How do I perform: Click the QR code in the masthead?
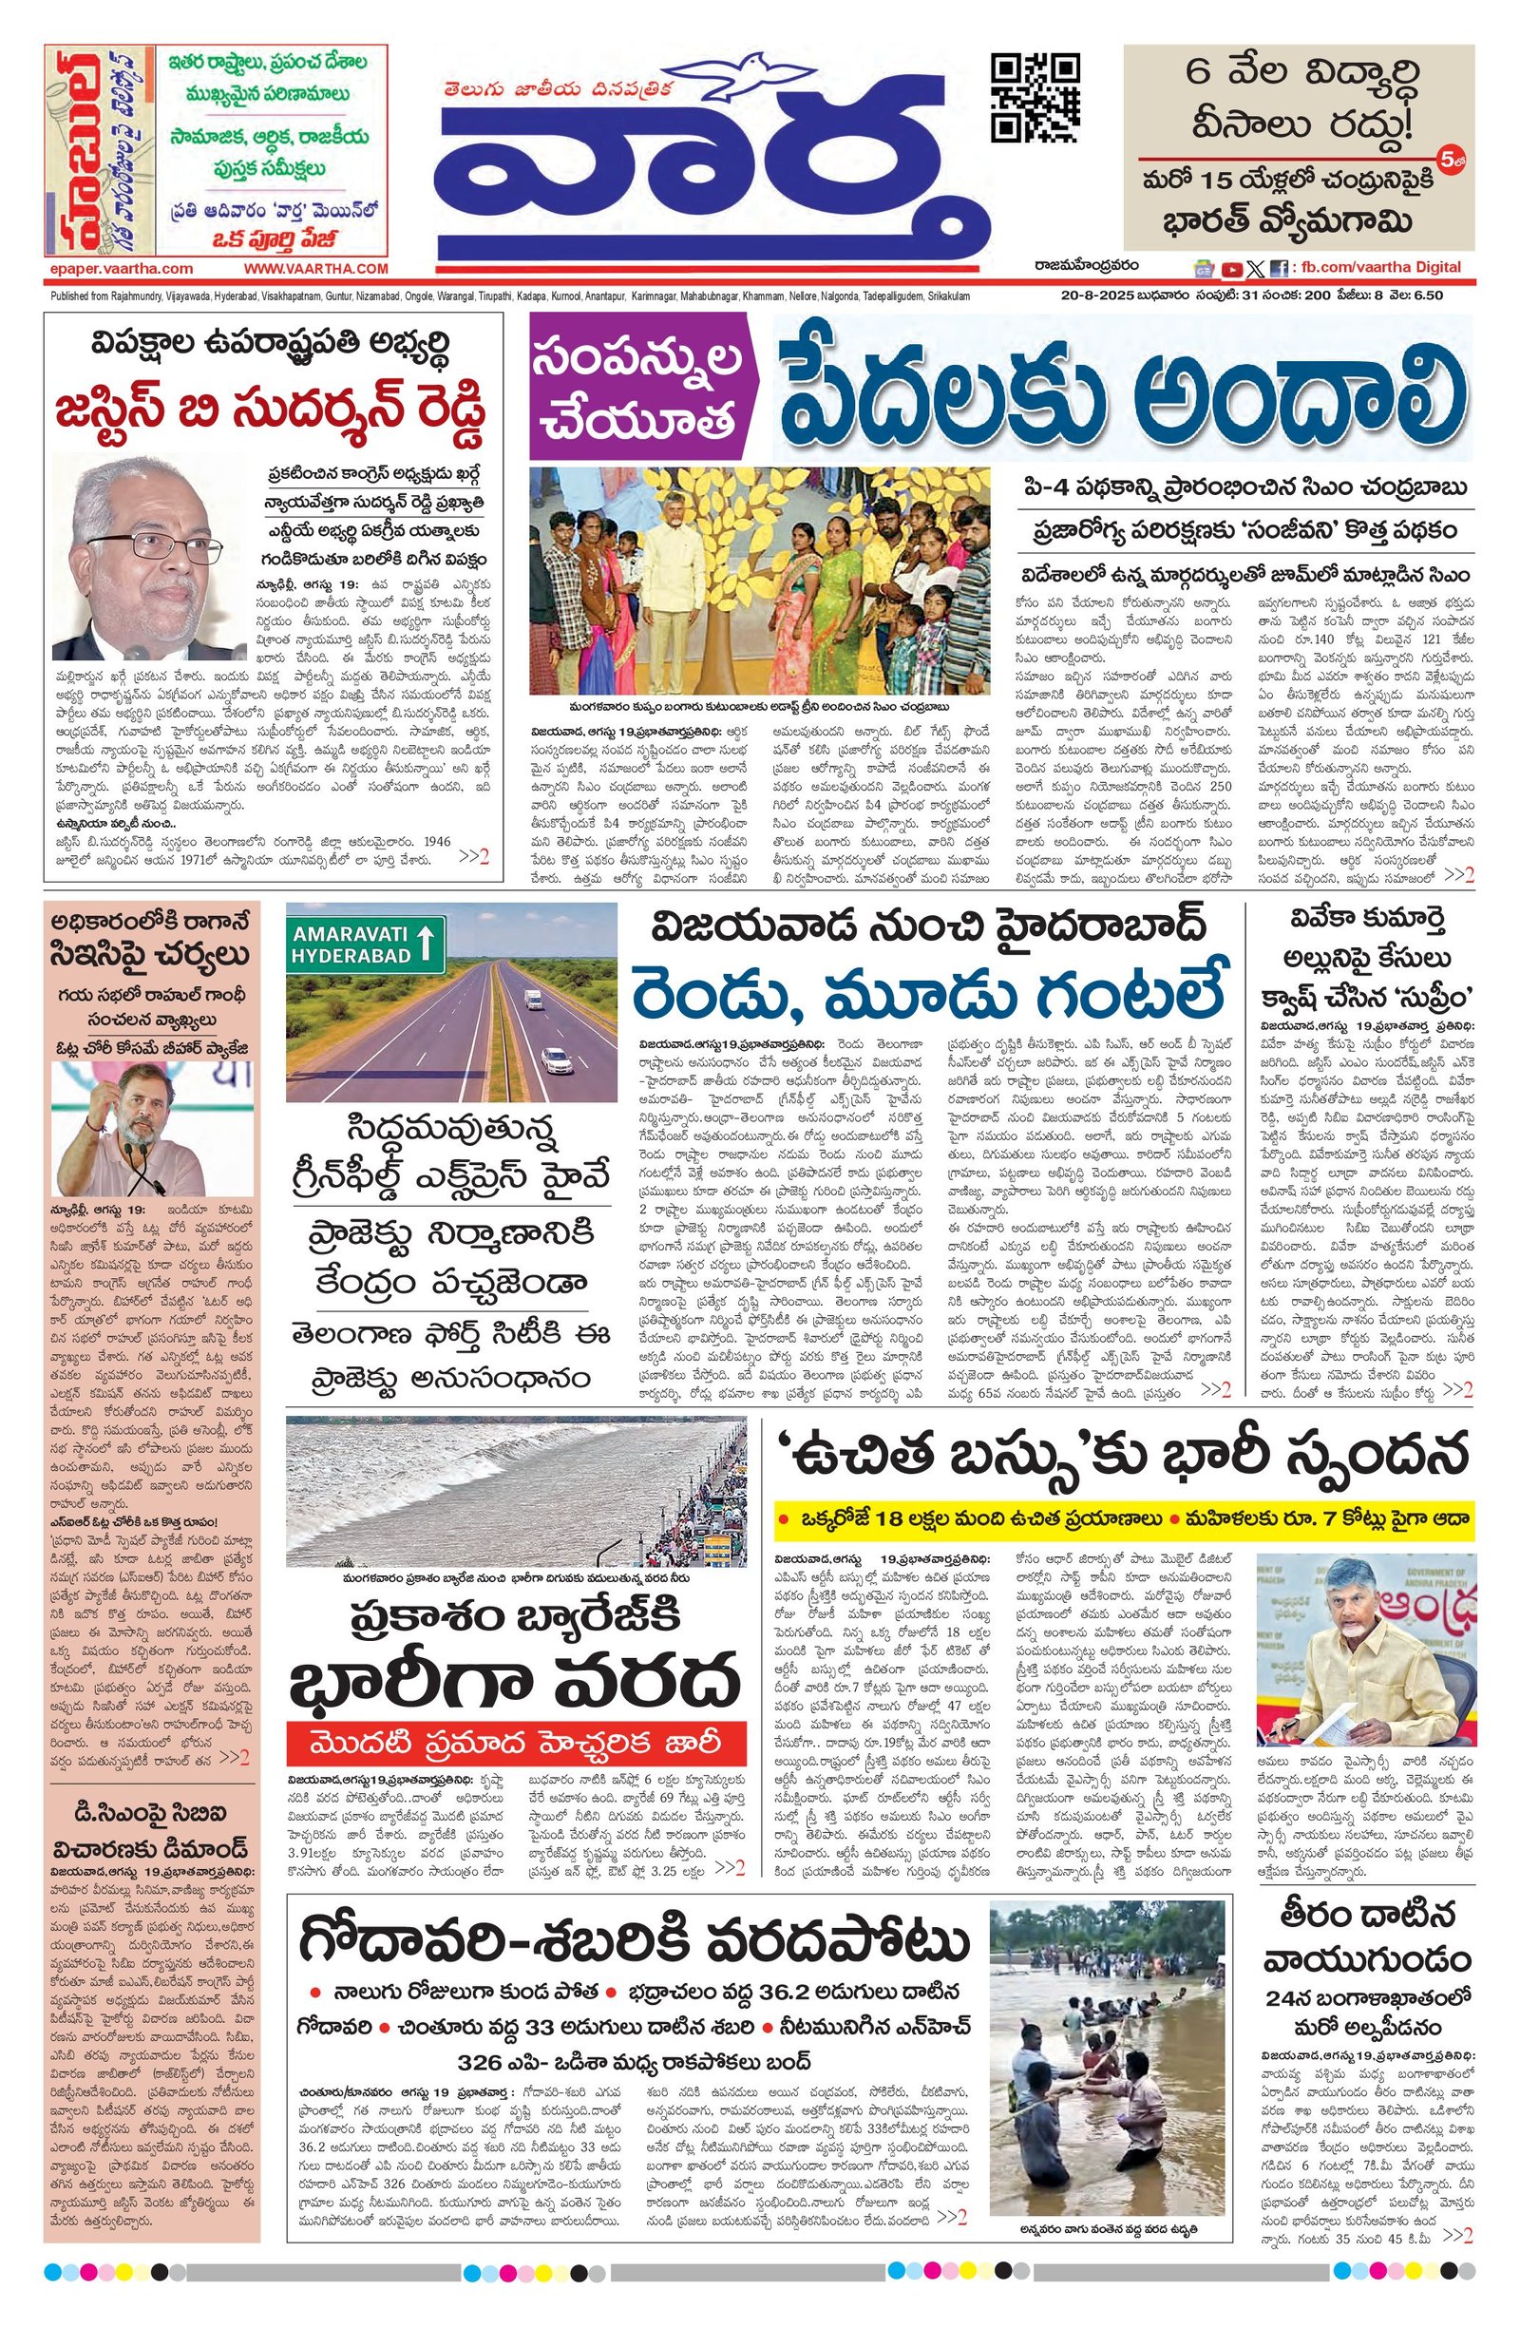(x=1035, y=99)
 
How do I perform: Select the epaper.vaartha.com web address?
(x=120, y=268)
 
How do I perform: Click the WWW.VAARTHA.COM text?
(x=316, y=268)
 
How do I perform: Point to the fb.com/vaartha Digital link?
(x=1382, y=267)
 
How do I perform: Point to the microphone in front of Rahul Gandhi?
(x=137, y=1166)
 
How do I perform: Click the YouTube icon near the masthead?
(x=1231, y=269)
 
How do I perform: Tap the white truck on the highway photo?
(x=534, y=999)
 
